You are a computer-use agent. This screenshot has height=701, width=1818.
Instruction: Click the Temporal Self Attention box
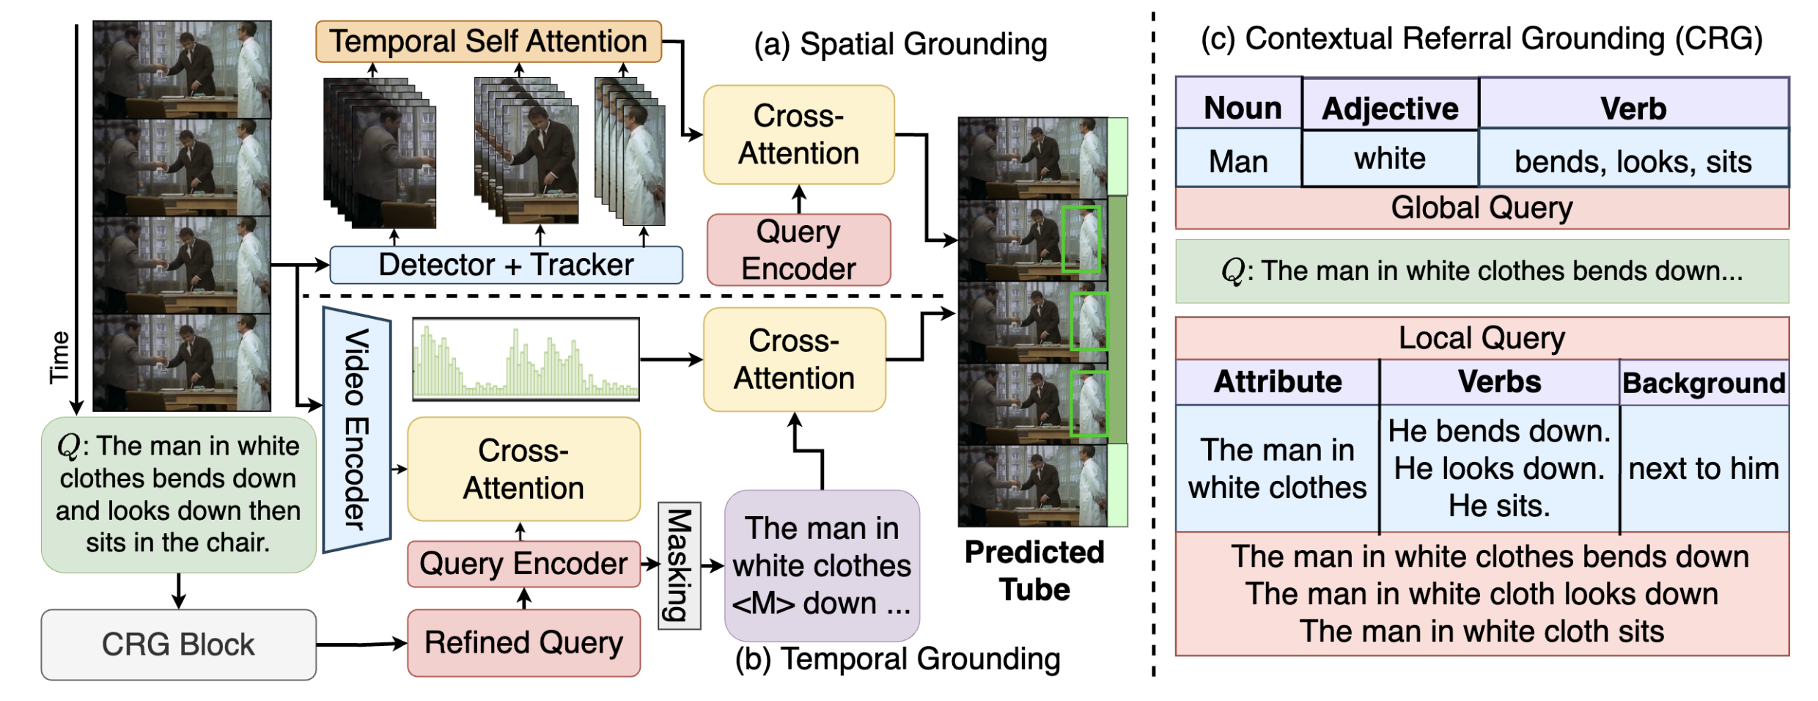pyautogui.click(x=488, y=41)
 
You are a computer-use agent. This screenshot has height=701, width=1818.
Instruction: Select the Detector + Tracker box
pyautogui.click(x=506, y=265)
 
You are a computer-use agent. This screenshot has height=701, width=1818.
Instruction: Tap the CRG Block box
pyautogui.click(x=178, y=645)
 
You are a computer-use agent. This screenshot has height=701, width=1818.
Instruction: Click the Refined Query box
pyautogui.click(x=523, y=643)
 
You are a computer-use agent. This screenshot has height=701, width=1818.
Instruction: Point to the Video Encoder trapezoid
pyautogui.click(x=357, y=429)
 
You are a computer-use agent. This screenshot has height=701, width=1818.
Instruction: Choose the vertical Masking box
pyautogui.click(x=680, y=565)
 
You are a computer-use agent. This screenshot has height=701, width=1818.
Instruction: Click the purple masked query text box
pyautogui.click(x=821, y=565)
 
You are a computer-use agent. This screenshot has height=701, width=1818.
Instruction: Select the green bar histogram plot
pyautogui.click(x=526, y=359)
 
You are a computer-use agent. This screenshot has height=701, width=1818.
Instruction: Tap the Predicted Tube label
pyautogui.click(x=1034, y=570)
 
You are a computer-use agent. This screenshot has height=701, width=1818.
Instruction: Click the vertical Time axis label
pyautogui.click(x=59, y=357)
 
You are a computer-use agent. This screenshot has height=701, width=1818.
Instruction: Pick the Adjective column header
pyautogui.click(x=1390, y=109)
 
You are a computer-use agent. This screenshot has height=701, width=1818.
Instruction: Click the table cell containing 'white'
pyautogui.click(x=1390, y=158)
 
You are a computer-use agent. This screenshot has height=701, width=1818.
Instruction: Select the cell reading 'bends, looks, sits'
pyautogui.click(x=1633, y=161)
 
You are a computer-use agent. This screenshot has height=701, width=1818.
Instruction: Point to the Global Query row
pyautogui.click(x=1482, y=208)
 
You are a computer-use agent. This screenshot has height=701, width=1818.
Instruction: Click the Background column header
pyautogui.click(x=1704, y=383)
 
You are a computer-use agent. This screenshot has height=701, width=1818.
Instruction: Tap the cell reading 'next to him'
pyautogui.click(x=1704, y=469)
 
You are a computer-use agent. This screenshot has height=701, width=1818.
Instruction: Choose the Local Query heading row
pyautogui.click(x=1482, y=338)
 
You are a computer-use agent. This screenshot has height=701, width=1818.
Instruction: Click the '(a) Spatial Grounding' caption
pyautogui.click(x=900, y=44)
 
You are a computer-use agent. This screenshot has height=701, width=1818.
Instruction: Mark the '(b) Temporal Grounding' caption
pyautogui.click(x=897, y=658)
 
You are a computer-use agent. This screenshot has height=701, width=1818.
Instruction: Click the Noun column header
pyautogui.click(x=1242, y=108)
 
